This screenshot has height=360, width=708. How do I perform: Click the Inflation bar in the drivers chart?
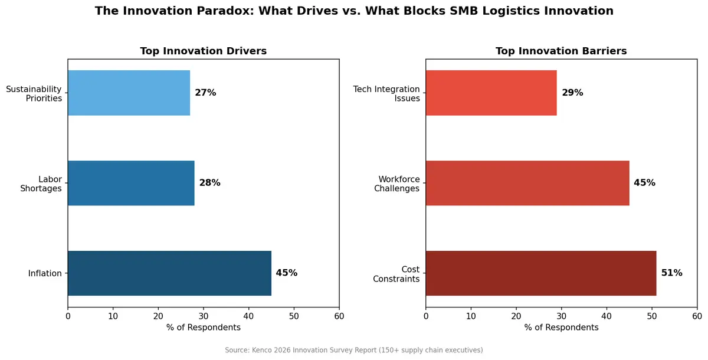pyautogui.click(x=169, y=273)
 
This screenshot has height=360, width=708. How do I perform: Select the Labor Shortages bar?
pyautogui.click(x=131, y=183)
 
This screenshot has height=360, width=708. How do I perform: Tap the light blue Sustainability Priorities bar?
pyautogui.click(x=129, y=93)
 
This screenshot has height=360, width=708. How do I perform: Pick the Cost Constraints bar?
pyautogui.click(x=540, y=273)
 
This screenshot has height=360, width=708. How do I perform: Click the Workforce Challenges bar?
pyautogui.click(x=527, y=183)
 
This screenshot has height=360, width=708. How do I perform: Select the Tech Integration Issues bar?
pyautogui.click(x=491, y=93)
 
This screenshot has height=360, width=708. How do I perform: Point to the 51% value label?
pyautogui.click(x=671, y=273)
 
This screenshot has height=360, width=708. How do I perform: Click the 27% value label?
pyautogui.click(x=205, y=93)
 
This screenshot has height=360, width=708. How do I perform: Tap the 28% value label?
pyautogui.click(x=209, y=183)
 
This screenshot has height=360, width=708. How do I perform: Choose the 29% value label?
pyautogui.click(x=572, y=93)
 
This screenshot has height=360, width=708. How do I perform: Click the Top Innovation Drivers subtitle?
pyautogui.click(x=203, y=51)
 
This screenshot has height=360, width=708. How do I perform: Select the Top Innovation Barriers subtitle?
pyautogui.click(x=561, y=51)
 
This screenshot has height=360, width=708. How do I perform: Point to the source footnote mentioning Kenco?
pyautogui.click(x=354, y=350)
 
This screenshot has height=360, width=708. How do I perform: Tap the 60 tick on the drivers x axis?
pyautogui.click(x=339, y=316)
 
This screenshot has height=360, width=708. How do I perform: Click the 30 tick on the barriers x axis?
pyautogui.click(x=561, y=316)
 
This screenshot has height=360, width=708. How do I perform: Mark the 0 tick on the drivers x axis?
pyautogui.click(x=68, y=316)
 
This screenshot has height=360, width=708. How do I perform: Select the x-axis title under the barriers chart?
pyautogui.click(x=561, y=328)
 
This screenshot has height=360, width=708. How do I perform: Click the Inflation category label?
pyautogui.click(x=45, y=273)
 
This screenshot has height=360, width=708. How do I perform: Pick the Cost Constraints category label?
pyautogui.click(x=396, y=274)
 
